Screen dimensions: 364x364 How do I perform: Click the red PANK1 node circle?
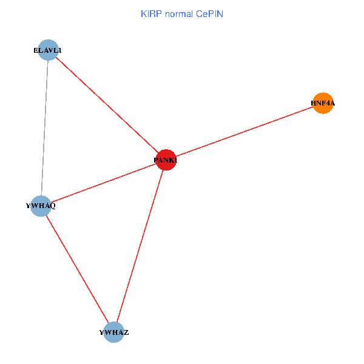point(166,160)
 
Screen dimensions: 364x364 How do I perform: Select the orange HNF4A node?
point(323,103)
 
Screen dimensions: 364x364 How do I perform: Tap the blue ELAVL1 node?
point(48,50)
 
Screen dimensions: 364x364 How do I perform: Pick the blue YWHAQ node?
point(41,206)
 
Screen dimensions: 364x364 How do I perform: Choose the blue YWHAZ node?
point(113,332)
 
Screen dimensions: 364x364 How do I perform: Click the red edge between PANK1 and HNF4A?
point(244,132)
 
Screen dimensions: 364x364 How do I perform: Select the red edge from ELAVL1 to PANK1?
point(107,105)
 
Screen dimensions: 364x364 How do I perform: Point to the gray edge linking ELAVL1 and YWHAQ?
point(44,128)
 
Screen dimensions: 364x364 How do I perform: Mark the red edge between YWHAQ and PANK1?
point(103,183)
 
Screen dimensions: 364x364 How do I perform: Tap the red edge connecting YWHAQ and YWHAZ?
point(77,269)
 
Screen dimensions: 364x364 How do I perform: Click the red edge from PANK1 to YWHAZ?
point(140,246)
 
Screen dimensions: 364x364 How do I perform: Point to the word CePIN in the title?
point(209,13)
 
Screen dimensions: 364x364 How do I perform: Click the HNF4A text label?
point(323,104)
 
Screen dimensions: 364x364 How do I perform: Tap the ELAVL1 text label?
point(47,50)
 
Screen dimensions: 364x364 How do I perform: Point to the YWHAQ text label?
point(41,206)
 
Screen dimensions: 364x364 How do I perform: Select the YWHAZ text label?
point(113,333)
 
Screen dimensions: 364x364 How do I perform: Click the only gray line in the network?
point(44,128)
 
